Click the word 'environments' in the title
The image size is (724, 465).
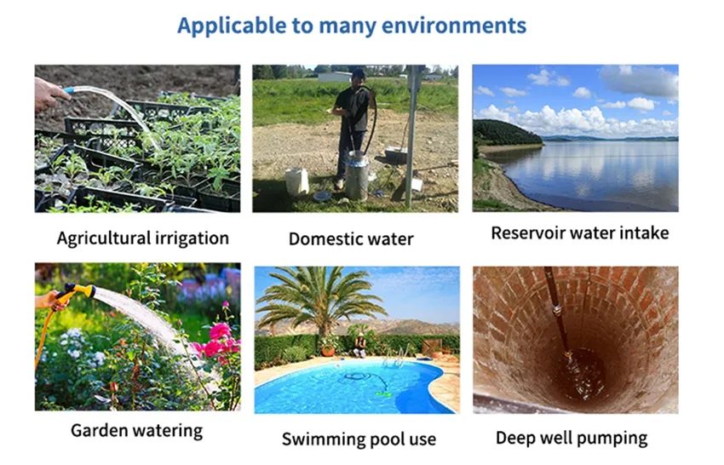[x=454, y=26]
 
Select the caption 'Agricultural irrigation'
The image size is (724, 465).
[x=143, y=238]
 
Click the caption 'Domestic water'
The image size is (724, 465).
[x=351, y=239]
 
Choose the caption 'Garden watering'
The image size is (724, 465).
[x=136, y=431]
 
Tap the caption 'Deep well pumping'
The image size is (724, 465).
[x=572, y=439]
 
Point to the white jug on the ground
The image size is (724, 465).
[x=297, y=181]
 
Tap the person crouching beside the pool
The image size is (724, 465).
[x=359, y=347]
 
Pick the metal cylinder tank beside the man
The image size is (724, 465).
[x=358, y=176]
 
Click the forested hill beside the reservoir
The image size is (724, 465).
[x=506, y=133]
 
